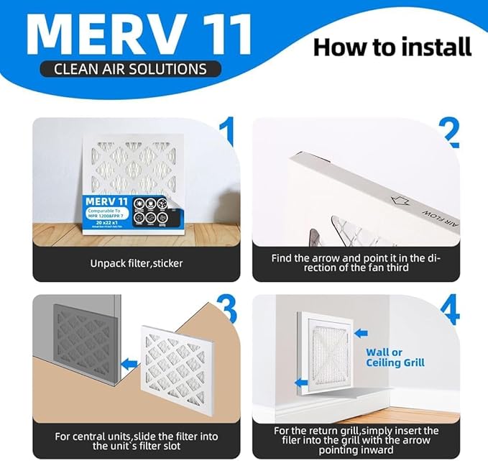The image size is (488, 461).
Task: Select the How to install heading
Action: point(392,47)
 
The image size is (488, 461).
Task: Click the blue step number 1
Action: point(227,133)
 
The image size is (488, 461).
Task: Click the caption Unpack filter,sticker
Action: point(137,263)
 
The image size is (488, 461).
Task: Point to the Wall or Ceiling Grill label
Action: point(395,357)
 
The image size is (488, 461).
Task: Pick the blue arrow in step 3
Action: point(129,365)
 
